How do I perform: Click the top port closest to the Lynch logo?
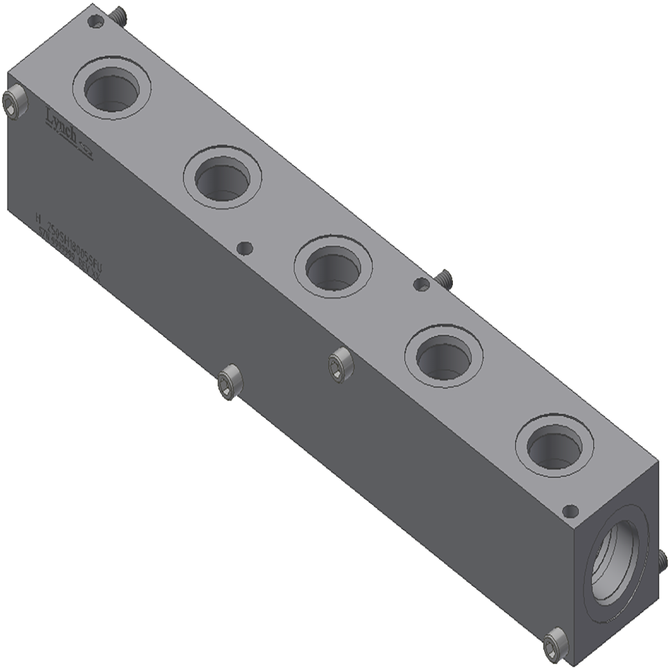pos(112,89)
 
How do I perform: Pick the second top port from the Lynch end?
pos(223,178)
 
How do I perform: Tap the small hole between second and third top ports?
pos(243,247)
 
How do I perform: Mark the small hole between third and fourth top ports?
pos(420,283)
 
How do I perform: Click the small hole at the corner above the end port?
pos(570,512)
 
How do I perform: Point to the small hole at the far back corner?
pos(97,22)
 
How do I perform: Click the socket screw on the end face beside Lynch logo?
pos(13,102)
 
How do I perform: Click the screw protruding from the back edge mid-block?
pos(443,278)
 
